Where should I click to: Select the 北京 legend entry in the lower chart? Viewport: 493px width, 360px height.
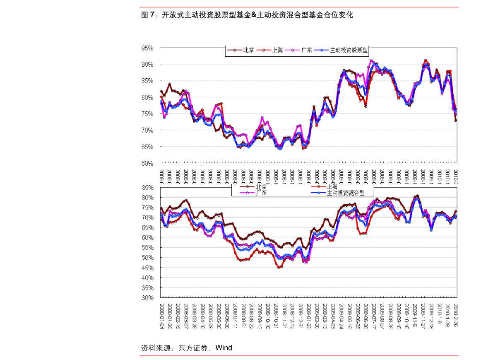261,187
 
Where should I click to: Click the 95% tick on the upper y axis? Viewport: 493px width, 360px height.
147,48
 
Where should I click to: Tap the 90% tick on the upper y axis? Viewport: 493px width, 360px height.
147,65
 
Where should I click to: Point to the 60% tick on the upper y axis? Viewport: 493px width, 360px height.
147,163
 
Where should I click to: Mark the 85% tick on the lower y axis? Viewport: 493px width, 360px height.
147,188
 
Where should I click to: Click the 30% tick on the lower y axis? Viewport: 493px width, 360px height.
147,298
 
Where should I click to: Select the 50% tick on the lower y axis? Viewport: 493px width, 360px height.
147,258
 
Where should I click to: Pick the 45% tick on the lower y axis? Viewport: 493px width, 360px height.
147,268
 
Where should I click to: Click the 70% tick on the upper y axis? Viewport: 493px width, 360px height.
147,130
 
